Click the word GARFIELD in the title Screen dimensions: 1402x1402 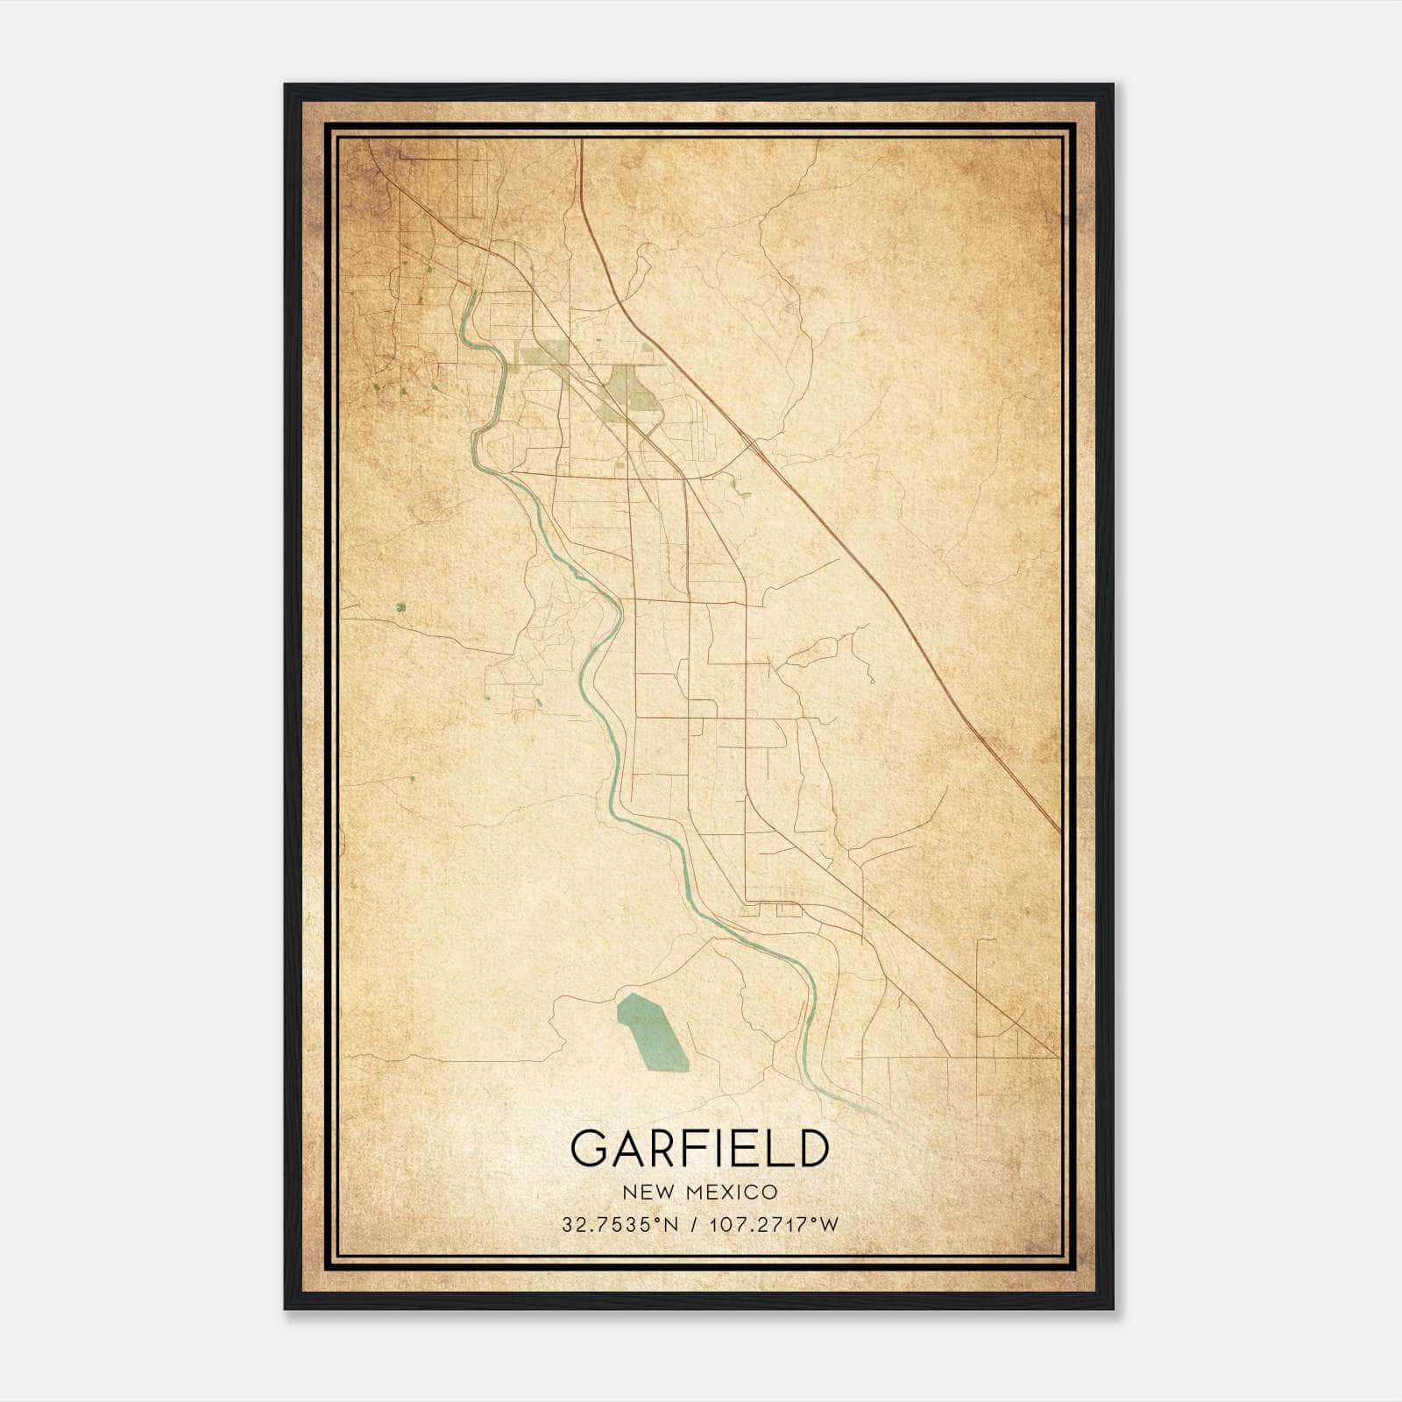pos(699,1148)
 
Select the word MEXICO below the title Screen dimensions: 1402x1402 pos(735,1193)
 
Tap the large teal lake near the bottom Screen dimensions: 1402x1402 pos(652,1032)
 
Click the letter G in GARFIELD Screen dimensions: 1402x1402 pos(589,1148)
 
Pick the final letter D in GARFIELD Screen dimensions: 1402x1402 pos(811,1148)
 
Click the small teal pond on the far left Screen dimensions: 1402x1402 pos(401,606)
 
